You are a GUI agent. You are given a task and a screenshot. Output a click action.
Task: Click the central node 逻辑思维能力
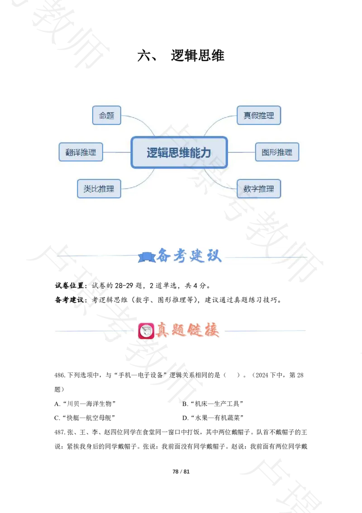point(179,152)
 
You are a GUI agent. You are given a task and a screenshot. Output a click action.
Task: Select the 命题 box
point(107,116)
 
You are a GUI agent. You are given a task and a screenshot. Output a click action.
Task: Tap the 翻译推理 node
point(81,152)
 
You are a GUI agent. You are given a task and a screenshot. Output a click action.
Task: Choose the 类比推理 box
point(99,189)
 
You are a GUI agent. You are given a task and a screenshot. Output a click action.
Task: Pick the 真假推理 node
point(259,116)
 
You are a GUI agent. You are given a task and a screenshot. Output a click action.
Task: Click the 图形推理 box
point(277,152)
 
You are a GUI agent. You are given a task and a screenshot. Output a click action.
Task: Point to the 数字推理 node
point(259,189)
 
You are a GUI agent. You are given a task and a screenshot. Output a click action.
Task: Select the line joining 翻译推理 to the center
point(117,152)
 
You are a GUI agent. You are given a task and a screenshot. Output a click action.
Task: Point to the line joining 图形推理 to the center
point(241,152)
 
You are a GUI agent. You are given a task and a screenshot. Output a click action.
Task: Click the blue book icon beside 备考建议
point(146,257)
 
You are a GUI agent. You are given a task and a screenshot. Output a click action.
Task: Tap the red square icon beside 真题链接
point(146,330)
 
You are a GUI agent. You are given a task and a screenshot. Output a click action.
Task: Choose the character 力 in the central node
point(206,152)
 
